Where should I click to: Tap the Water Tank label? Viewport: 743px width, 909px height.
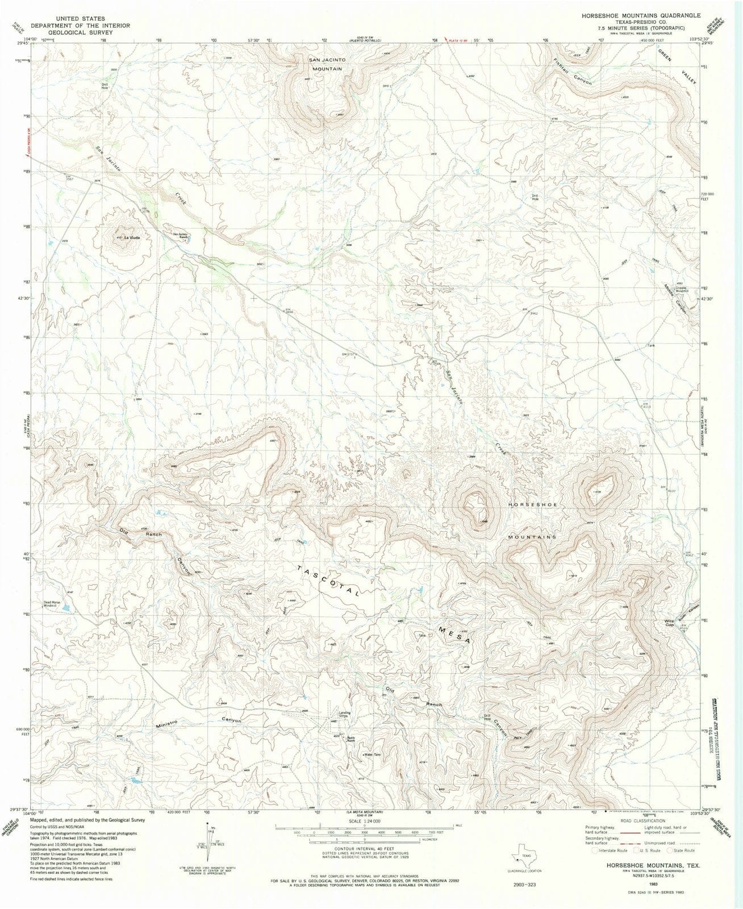[373, 754]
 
